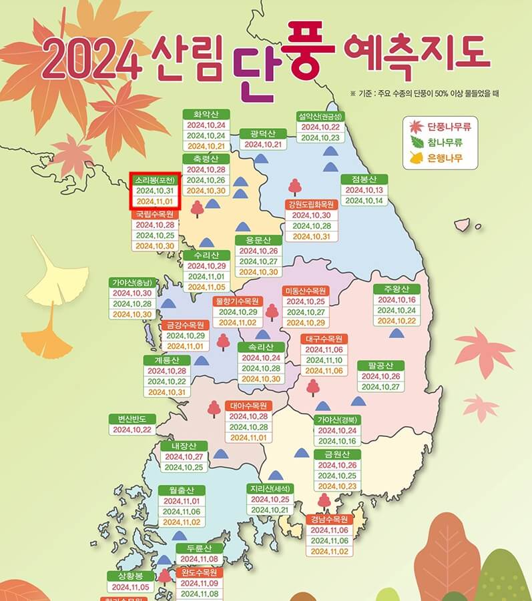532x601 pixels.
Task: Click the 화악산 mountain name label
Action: (206, 113)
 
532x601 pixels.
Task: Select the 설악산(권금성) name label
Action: (320, 116)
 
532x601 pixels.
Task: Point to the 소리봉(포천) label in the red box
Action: (154, 180)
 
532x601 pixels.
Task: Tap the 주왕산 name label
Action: (396, 289)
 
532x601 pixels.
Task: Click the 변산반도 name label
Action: (131, 418)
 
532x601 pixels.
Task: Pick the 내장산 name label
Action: (184, 446)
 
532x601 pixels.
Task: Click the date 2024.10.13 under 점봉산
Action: (363, 189)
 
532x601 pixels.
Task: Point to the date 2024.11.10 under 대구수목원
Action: (324, 360)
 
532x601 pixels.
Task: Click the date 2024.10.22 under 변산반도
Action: (131, 430)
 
